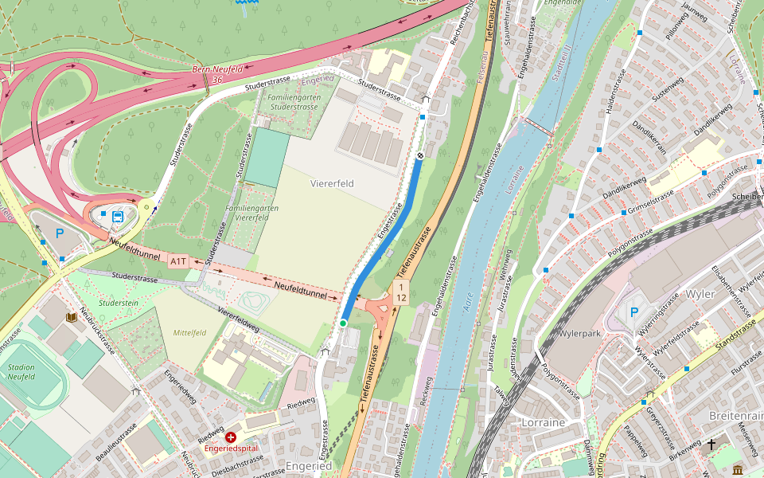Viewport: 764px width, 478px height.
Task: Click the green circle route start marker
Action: pyautogui.click(x=343, y=323)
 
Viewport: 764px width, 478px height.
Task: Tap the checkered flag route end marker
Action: pyautogui.click(x=419, y=156)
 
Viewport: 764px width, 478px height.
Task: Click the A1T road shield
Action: pyautogui.click(x=177, y=261)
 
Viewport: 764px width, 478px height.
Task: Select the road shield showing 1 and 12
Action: pyautogui.click(x=402, y=292)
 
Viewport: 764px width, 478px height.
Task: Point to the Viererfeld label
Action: pyautogui.click(x=332, y=183)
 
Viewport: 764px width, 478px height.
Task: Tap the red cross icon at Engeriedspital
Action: pyautogui.click(x=231, y=437)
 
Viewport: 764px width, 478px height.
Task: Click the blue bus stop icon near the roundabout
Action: pyautogui.click(x=118, y=216)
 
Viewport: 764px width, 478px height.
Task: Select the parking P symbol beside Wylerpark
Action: pyautogui.click(x=633, y=313)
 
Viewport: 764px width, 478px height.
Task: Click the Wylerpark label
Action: pyautogui.click(x=584, y=333)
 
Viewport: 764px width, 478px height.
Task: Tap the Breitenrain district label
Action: pyautogui.click(x=735, y=416)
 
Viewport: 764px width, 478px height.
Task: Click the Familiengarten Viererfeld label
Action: pyautogui.click(x=251, y=213)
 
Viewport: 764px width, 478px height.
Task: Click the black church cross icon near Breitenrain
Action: pyautogui.click(x=711, y=445)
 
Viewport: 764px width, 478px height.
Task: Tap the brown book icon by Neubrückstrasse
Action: pyautogui.click(x=72, y=317)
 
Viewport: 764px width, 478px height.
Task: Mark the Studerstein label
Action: pyautogui.click(x=119, y=303)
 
